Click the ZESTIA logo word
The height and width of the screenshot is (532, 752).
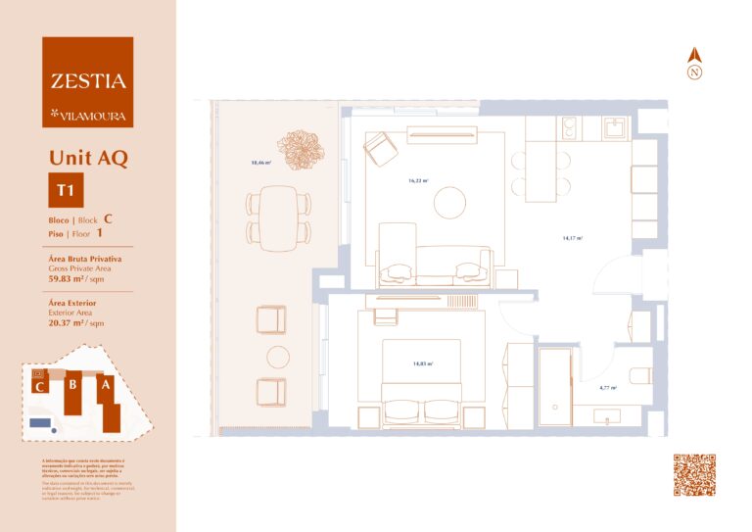[88, 81]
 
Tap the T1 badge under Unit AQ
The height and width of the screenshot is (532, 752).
[66, 190]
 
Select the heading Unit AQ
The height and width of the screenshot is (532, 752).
[88, 157]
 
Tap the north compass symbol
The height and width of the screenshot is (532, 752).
[694, 65]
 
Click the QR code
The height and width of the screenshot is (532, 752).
[694, 475]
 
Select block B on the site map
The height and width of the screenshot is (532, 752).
[71, 386]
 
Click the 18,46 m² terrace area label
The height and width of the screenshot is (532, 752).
[259, 162]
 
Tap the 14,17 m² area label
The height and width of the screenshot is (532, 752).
[573, 237]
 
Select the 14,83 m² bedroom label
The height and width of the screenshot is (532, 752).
[423, 363]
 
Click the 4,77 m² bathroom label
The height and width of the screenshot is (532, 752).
[608, 388]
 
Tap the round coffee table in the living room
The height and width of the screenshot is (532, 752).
[450, 202]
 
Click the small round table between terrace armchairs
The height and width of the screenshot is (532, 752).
[278, 356]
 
